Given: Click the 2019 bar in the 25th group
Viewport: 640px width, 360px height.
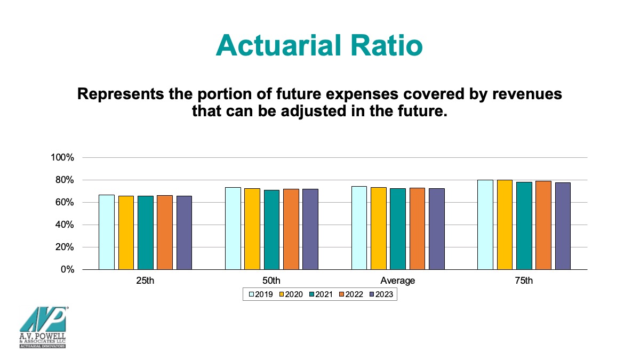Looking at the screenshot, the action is [107, 233].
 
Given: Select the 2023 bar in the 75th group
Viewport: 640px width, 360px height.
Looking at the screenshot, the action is [563, 226].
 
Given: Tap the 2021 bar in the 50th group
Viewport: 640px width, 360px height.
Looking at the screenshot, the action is [271, 230].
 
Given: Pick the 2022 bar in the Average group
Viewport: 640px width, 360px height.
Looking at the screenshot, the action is [417, 229].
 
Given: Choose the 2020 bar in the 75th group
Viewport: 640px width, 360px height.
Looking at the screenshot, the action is [505, 225].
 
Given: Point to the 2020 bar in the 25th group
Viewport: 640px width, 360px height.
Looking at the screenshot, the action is [126, 233].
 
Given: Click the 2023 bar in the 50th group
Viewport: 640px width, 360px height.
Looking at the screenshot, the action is [310, 229].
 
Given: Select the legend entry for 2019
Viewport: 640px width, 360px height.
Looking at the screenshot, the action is [261, 294].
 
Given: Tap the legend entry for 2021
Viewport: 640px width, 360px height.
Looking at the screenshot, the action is [321, 294].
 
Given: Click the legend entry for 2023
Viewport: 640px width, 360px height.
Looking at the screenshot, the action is [381, 294].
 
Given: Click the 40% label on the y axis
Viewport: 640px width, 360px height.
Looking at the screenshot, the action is [65, 225].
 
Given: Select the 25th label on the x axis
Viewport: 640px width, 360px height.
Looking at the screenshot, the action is [145, 281].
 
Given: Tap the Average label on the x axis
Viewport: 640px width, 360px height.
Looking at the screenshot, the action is [397, 281].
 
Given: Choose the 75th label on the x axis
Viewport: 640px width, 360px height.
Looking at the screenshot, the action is [524, 281].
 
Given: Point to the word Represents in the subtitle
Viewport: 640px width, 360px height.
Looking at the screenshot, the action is [121, 94].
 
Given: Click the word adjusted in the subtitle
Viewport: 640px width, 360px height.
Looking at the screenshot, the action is [314, 111].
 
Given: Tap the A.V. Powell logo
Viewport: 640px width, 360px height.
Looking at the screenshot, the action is [43, 327].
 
